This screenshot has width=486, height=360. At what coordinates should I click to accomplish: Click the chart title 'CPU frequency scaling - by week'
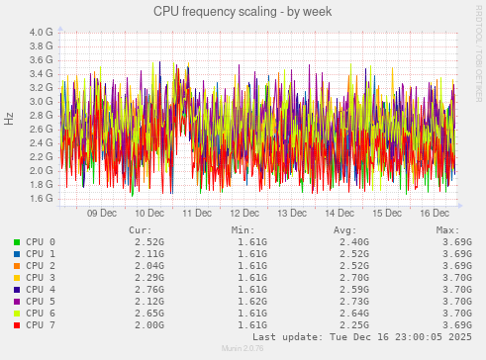[x=243, y=11]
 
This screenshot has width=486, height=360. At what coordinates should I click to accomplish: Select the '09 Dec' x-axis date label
[x=102, y=213]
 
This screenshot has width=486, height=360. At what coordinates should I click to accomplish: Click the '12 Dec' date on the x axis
[x=244, y=213]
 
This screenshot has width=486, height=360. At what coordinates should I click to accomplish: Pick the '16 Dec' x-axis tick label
[x=434, y=213]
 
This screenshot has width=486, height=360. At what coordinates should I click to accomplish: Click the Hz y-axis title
[x=9, y=119]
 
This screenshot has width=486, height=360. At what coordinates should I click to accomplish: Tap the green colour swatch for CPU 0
[x=16, y=241]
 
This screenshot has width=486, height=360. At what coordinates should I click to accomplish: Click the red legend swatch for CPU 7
[x=16, y=324]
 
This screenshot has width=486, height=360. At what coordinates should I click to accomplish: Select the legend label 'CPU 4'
[x=40, y=289]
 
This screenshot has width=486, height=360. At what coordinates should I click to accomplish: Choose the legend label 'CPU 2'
[x=40, y=265]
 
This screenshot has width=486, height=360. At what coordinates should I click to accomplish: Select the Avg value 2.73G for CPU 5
[x=353, y=301]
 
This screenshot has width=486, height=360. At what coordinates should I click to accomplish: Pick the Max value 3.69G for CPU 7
[x=456, y=324]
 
